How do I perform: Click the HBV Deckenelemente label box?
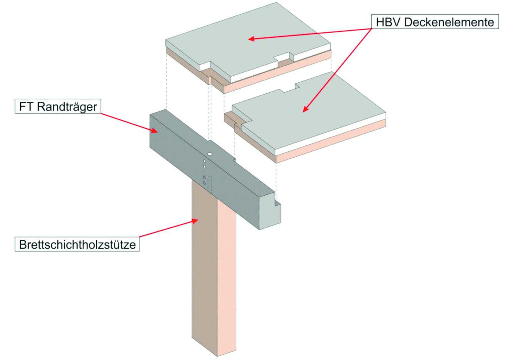[435, 22]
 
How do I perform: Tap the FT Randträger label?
[58, 106]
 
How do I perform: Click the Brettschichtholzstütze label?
[77, 244]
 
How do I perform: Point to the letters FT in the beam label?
[26, 106]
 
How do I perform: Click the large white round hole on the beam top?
[210, 154]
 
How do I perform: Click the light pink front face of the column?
[226, 282]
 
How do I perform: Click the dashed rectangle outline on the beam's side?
[210, 185]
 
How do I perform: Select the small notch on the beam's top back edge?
[235, 160]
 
